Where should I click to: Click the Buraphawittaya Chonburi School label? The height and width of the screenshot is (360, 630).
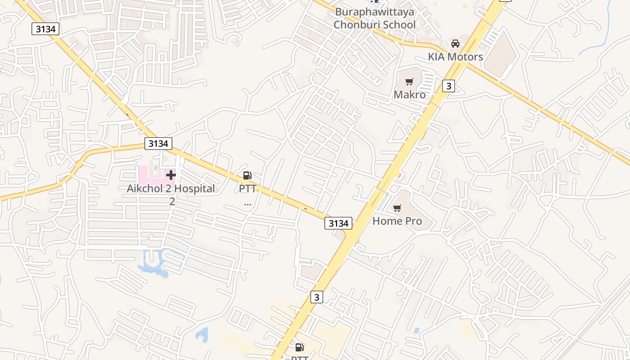click(x=374, y=18)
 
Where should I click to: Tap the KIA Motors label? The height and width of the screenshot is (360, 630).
click(x=455, y=57)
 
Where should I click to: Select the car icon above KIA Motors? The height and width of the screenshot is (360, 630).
click(x=455, y=44)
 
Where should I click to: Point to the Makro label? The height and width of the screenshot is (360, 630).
click(x=409, y=94)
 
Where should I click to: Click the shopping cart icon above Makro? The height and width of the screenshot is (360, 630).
click(x=409, y=81)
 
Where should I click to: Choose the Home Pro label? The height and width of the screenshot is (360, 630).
click(x=397, y=221)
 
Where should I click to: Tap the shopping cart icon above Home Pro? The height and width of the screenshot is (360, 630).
click(x=397, y=208)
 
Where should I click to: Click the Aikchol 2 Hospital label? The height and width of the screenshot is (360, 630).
click(x=171, y=189)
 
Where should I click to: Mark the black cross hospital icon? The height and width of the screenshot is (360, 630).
click(x=171, y=175)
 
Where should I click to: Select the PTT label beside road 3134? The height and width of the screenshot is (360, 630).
click(x=247, y=189)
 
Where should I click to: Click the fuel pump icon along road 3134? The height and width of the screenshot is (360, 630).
click(x=247, y=175)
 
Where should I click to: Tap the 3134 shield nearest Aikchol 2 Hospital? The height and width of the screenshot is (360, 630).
click(x=159, y=144)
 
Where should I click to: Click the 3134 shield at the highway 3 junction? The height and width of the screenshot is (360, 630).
click(x=338, y=223)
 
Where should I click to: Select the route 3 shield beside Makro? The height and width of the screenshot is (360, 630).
click(x=448, y=86)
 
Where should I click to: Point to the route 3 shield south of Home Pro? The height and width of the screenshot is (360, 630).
click(x=317, y=297)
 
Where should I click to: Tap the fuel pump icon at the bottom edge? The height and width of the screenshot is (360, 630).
click(x=299, y=347)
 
